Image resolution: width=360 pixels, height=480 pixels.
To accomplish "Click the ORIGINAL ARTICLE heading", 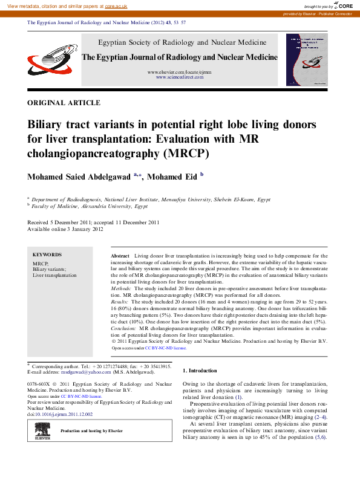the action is click(64, 103).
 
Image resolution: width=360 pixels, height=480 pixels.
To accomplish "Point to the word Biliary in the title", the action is click(49, 125).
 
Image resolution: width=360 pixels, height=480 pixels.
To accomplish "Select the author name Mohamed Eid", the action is click(174, 177).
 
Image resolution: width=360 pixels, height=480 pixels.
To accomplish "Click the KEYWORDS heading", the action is click(47, 255).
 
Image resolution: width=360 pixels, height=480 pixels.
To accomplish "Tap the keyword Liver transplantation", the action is click(54, 275).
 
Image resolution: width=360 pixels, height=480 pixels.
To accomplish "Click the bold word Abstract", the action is click(121, 257).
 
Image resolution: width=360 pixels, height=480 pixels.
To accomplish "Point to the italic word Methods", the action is click(123, 289).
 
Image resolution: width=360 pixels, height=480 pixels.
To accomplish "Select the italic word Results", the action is click(120, 301).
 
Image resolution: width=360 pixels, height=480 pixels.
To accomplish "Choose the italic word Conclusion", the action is click(125, 328).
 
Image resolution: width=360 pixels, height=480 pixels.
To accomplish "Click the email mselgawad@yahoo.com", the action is click(83, 373).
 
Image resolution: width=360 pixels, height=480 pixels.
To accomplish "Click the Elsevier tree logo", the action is click(42, 430).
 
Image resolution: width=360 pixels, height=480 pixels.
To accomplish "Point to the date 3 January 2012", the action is click(87, 229).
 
